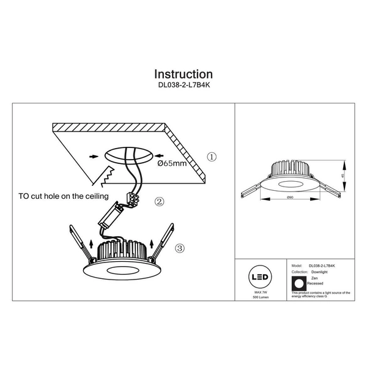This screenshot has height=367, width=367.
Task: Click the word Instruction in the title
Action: coord(183,75)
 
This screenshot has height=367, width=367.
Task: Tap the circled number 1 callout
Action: coord(212,157)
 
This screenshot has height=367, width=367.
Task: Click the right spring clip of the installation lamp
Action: coord(163,242)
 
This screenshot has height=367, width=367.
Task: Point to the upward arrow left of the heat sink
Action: coord(91,247)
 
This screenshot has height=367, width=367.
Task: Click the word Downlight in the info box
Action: coord(319,272)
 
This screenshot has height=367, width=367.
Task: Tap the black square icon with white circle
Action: coord(299,283)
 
